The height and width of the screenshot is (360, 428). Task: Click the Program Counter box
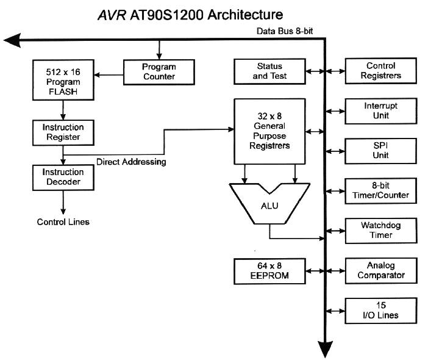point(159,71)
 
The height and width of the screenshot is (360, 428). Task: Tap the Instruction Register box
point(63,132)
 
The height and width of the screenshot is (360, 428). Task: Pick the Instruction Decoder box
point(63,177)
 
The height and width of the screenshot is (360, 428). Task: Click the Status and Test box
point(270,71)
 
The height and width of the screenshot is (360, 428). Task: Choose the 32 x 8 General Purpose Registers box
point(270,131)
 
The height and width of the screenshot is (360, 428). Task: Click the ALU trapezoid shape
point(269,205)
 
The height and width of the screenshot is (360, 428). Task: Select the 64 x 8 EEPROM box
point(270,270)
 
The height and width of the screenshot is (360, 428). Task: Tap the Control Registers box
point(381,71)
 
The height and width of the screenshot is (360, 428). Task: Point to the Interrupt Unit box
point(381,110)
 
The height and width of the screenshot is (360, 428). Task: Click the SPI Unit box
point(381,150)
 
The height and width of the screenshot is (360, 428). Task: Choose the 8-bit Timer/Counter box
point(381,190)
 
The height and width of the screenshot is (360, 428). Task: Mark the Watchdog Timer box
point(381,230)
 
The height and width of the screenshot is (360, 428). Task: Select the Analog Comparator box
point(381,270)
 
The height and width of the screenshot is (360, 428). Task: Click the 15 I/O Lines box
point(381,310)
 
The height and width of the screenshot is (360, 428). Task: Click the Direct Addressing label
point(132,162)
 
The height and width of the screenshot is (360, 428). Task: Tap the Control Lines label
point(63,221)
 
